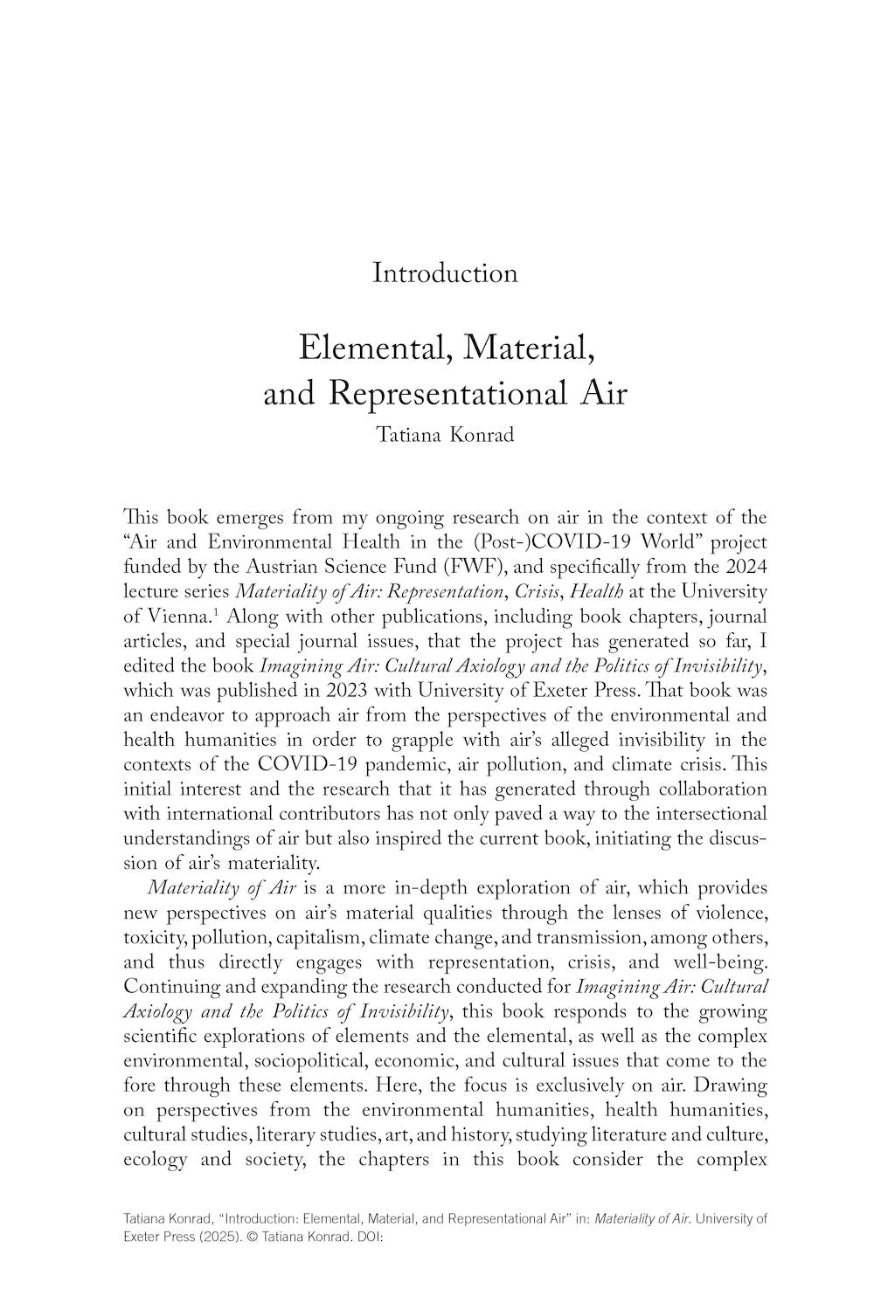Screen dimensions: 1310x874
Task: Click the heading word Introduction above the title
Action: (445, 273)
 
